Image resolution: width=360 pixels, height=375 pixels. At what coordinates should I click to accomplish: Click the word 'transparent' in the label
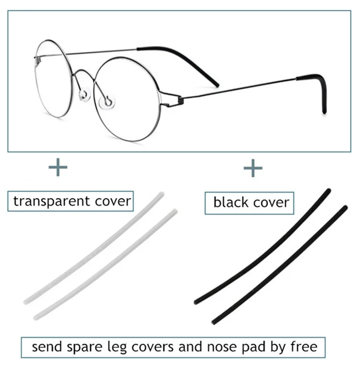click(46, 201)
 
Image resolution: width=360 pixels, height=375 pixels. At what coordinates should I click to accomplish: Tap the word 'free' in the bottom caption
click(303, 346)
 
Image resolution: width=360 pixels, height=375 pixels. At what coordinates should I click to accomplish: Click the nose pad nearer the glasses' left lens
click(85, 93)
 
